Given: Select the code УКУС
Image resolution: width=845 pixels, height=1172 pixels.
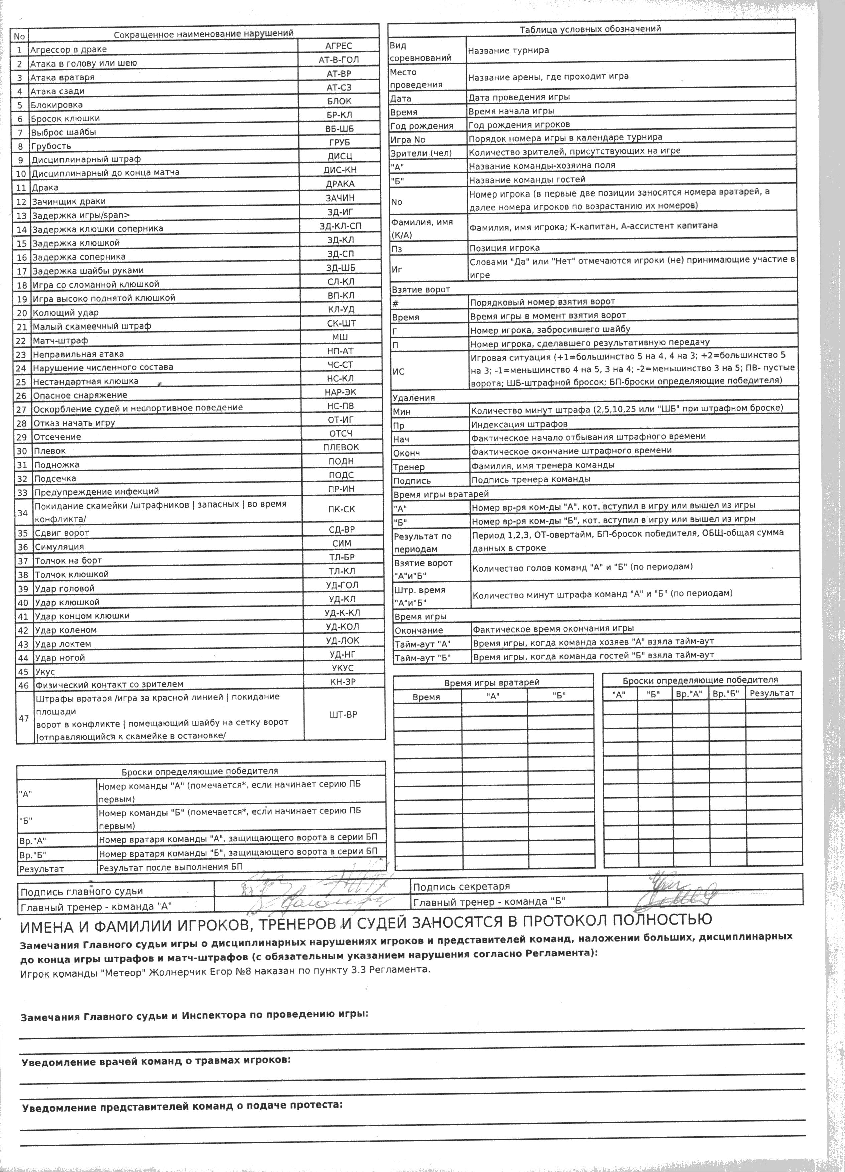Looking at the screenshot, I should [342, 668].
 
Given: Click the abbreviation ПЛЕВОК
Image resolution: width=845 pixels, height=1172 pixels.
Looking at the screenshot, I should [341, 447].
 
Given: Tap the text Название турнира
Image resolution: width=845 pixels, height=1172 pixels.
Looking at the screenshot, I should [508, 51].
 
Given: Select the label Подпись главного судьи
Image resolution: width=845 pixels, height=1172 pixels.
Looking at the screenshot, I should [82, 891].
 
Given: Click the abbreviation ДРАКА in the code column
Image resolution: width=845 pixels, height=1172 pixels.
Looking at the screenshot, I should [340, 184].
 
